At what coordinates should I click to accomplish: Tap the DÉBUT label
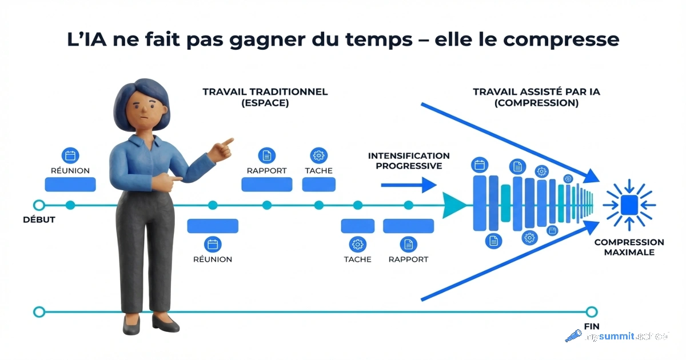[x=39, y=219]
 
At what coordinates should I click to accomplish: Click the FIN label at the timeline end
[x=591, y=326]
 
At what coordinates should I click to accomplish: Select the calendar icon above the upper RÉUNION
[x=70, y=155]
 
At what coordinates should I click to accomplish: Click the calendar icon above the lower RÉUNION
[x=213, y=244]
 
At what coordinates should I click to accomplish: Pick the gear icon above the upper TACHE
[x=318, y=155]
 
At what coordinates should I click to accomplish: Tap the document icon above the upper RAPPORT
[x=266, y=155]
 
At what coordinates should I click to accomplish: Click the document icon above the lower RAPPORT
[x=408, y=244]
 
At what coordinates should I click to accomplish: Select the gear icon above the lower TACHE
[x=357, y=244]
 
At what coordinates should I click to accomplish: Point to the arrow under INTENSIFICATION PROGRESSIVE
[x=408, y=185]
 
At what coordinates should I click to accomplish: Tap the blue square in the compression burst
[x=629, y=204]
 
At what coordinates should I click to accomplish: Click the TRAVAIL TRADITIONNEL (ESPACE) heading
[x=265, y=97]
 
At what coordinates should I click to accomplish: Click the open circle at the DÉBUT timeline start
[x=39, y=205]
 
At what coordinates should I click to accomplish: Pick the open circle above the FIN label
[x=591, y=311]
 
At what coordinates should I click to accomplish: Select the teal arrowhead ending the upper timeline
[x=454, y=205]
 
